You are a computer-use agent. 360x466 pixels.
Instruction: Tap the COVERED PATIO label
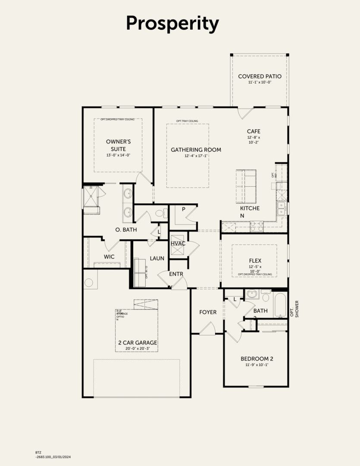click(x=260, y=76)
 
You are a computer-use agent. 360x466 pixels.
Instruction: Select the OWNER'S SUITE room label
click(x=118, y=145)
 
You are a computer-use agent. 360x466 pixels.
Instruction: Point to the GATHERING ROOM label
click(x=196, y=150)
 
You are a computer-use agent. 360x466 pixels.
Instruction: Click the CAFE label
click(x=254, y=131)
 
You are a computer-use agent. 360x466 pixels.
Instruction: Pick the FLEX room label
click(x=255, y=261)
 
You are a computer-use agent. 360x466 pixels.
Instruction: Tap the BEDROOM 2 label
click(x=257, y=359)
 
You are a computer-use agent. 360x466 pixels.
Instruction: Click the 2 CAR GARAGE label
click(x=138, y=343)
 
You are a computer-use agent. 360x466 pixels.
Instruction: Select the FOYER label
click(x=207, y=312)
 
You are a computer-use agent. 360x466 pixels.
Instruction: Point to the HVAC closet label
click(x=178, y=244)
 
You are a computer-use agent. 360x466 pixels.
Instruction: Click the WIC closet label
click(x=109, y=256)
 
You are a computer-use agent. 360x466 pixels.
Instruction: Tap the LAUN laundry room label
click(x=157, y=258)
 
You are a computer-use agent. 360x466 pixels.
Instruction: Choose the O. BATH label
click(x=126, y=230)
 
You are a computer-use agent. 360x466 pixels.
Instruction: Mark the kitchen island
click(x=246, y=186)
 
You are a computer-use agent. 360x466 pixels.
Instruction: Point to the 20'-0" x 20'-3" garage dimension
click(x=138, y=349)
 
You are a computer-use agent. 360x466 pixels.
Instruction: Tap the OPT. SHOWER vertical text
click(x=294, y=309)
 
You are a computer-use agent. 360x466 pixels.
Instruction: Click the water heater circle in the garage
click(x=89, y=283)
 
